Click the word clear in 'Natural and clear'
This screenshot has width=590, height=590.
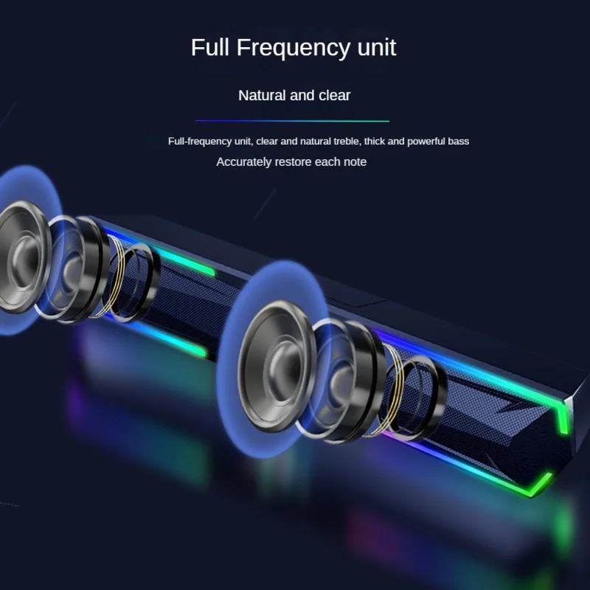(x=335, y=95)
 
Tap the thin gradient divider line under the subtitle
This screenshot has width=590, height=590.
(x=292, y=120)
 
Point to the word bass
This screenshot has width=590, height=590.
(x=460, y=141)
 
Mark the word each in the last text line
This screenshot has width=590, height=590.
(x=327, y=162)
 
